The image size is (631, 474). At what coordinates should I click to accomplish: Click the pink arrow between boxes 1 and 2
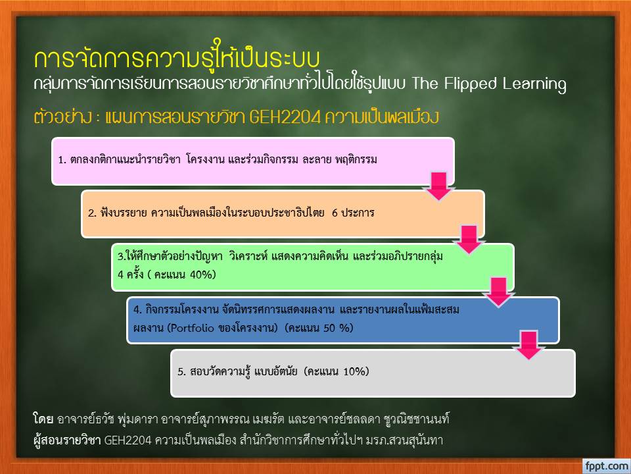[439, 186]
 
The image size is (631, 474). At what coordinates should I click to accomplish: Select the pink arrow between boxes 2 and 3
[469, 240]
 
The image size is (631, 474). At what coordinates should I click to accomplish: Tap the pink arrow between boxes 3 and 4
[499, 292]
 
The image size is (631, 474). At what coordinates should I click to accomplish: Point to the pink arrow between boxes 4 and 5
[528, 345]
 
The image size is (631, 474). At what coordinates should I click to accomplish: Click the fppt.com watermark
[607, 466]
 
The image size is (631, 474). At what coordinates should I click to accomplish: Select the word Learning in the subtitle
[534, 84]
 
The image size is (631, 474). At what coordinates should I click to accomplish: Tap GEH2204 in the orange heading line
[285, 117]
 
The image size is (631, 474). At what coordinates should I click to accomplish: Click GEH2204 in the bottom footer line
[128, 440]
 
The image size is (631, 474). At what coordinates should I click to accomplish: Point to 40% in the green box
[200, 275]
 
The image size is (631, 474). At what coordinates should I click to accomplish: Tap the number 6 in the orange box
[335, 213]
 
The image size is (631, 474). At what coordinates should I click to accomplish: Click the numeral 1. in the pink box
[62, 159]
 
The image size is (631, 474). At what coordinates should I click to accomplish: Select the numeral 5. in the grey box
[182, 371]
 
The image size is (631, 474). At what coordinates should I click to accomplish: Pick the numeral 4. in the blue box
[137, 309]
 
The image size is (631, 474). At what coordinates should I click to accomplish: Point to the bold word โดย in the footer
[43, 419]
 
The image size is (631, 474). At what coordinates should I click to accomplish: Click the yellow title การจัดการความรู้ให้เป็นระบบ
[177, 57]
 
